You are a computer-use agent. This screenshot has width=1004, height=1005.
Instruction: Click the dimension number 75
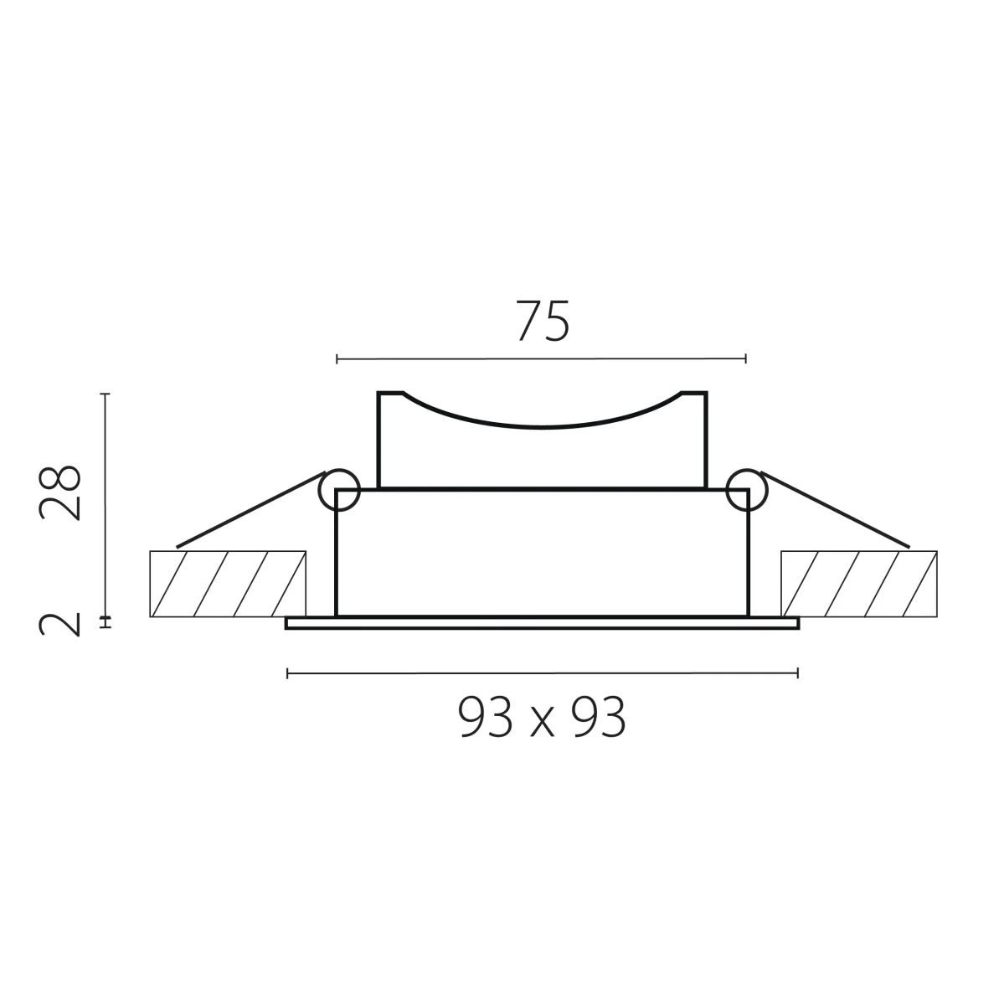[543, 322]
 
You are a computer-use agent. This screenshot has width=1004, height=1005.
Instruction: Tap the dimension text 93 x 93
[542, 718]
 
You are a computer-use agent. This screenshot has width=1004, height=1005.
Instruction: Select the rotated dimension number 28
[59, 492]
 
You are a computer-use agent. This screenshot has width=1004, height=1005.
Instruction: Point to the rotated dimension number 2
[59, 624]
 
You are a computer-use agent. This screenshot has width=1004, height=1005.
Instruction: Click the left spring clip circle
[339, 490]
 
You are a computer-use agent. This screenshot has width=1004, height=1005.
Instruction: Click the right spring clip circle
[747, 490]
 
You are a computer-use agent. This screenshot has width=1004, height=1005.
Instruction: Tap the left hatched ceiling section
[228, 584]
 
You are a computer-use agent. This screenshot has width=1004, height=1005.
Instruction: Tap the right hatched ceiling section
[859, 584]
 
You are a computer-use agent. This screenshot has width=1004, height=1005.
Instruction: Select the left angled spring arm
[251, 510]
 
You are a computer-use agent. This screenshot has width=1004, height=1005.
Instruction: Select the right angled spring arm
[835, 510]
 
